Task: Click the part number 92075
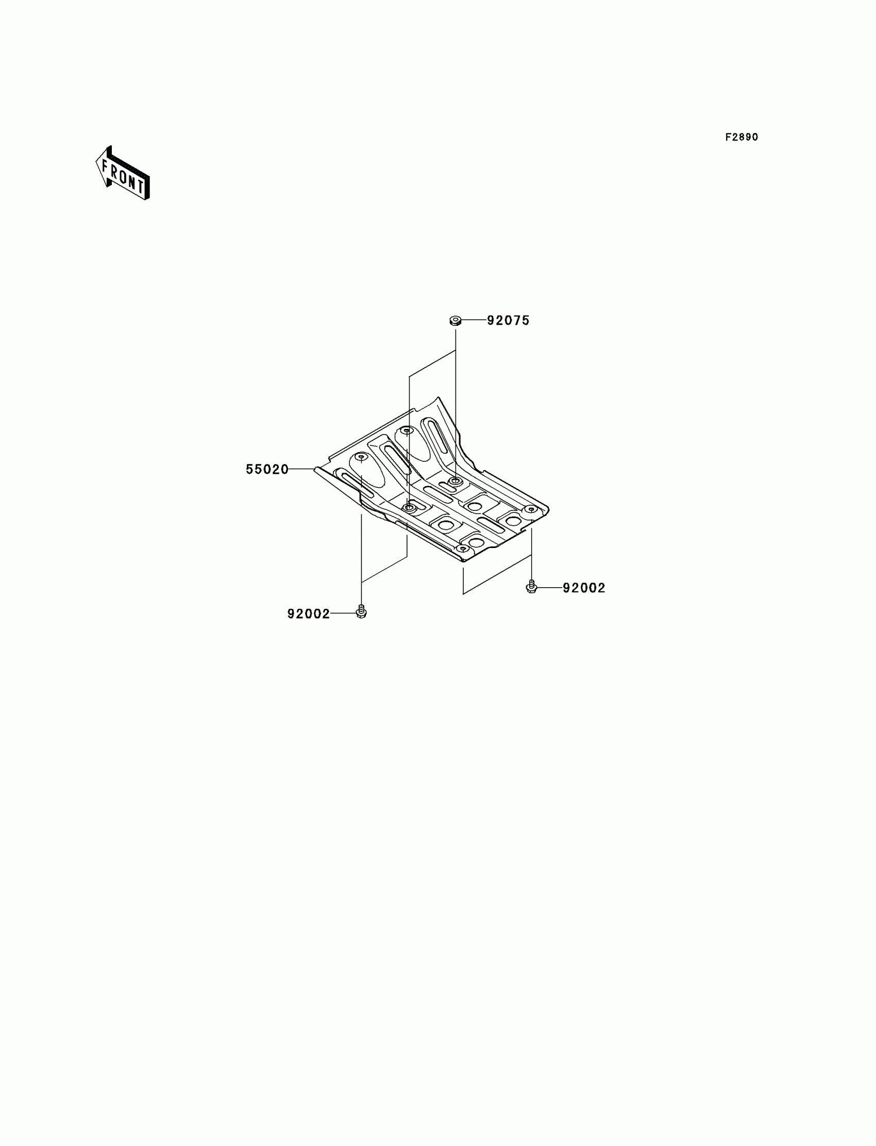coord(508,320)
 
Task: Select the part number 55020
coord(267,470)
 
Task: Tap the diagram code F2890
coord(742,137)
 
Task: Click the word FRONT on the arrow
coord(124,176)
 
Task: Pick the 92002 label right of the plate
coord(584,588)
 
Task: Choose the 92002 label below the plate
coord(309,614)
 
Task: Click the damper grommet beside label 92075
coord(454,320)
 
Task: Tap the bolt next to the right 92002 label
coord(531,587)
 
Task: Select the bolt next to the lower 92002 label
coord(361,611)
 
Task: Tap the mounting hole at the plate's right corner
coord(531,509)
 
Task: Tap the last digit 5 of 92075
coord(526,320)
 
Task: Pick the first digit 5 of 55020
coord(250,470)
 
